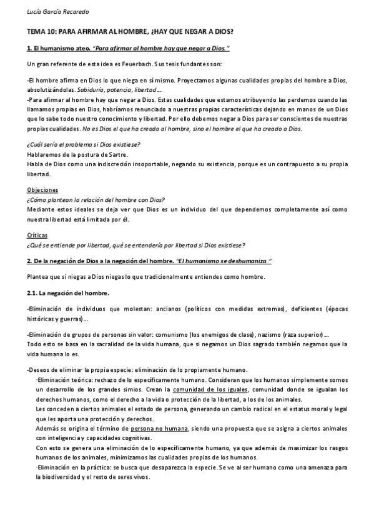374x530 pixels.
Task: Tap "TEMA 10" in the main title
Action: point(42,31)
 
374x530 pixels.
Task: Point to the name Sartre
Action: point(117,154)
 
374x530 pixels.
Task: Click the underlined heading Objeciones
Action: point(42,189)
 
